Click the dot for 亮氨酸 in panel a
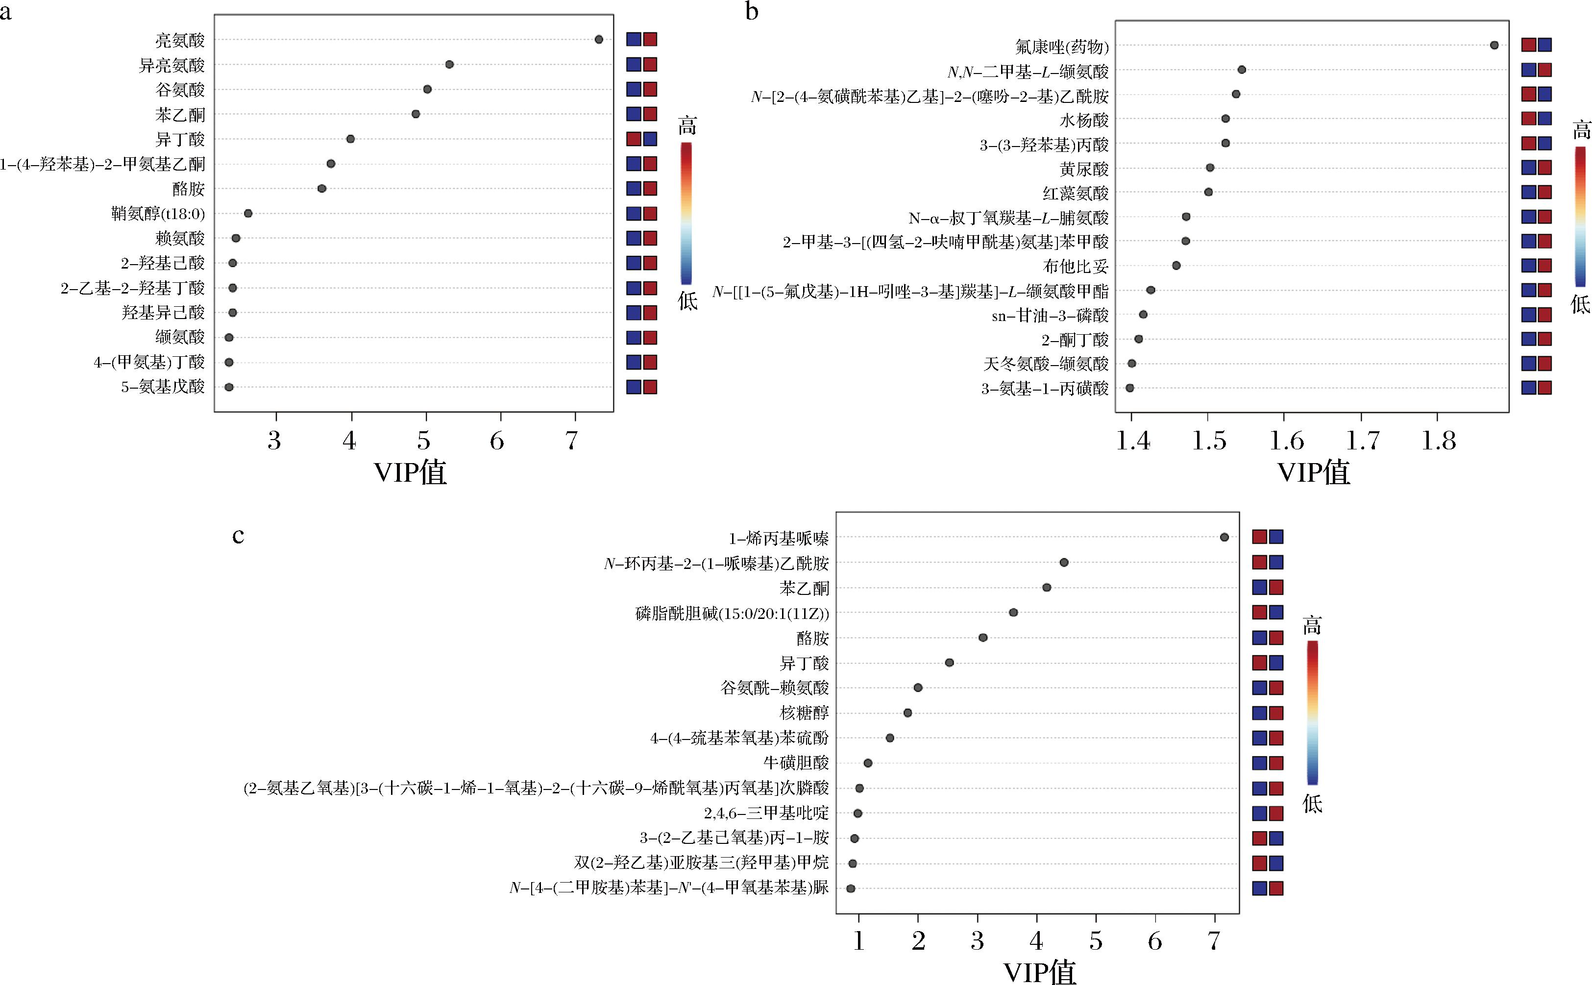click(x=599, y=40)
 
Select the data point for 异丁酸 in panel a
click(x=350, y=139)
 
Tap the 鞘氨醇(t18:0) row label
click(x=158, y=214)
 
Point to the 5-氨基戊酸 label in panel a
click(x=163, y=387)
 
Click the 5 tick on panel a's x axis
click(x=424, y=441)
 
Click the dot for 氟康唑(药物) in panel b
click(x=1494, y=45)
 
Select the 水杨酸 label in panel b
click(x=1084, y=121)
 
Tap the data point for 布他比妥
click(x=1176, y=265)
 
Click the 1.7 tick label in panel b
click(x=1363, y=441)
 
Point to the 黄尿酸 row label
click(x=1084, y=170)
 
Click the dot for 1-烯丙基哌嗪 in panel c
click(x=1224, y=538)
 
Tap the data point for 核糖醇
click(x=907, y=713)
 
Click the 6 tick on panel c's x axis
click(x=1155, y=941)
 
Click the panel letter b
click(x=752, y=12)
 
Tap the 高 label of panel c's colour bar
click(x=1312, y=626)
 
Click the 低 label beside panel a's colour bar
click(x=687, y=300)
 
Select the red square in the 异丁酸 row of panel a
click(x=634, y=139)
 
